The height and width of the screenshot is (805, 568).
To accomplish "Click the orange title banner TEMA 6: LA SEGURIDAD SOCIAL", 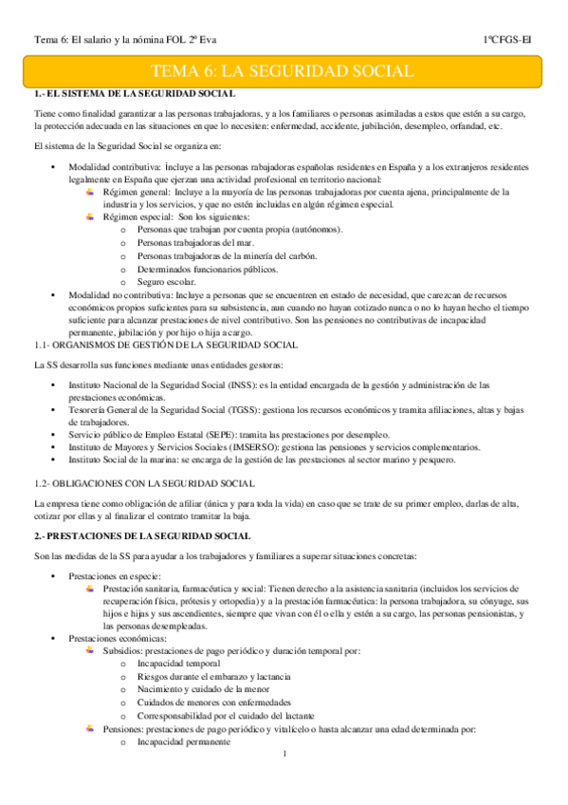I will tap(283, 71).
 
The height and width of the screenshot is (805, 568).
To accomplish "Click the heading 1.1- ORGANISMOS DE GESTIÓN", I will tap(165, 346).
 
